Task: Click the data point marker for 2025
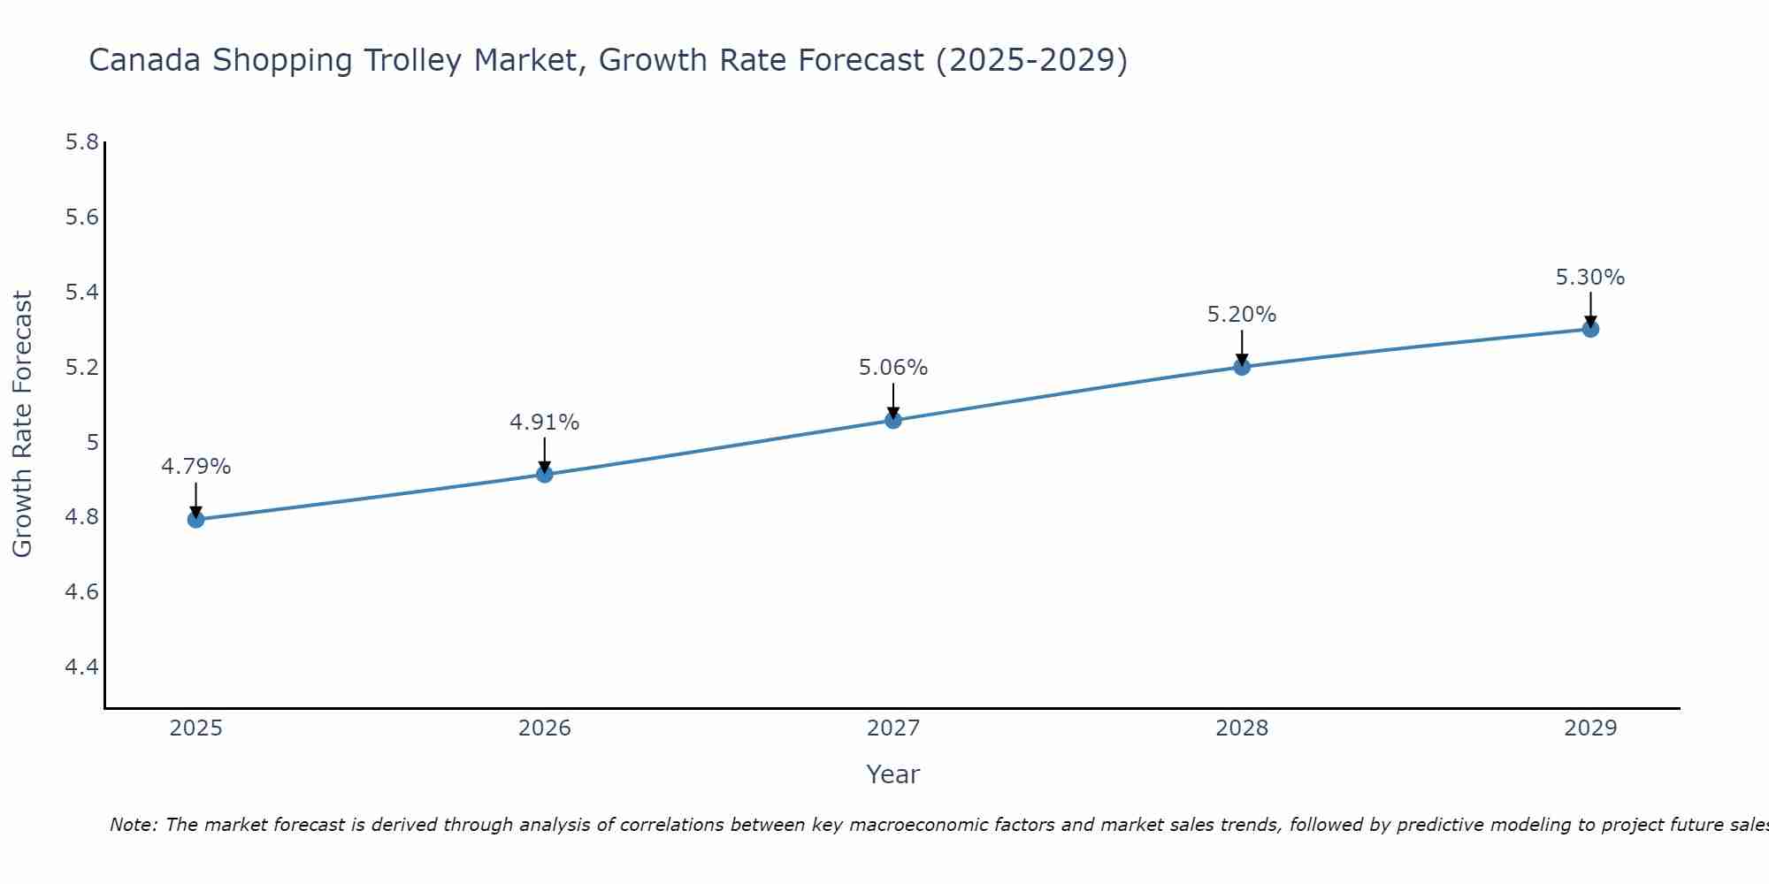click(195, 519)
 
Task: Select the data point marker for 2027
click(893, 420)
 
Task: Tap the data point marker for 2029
click(1590, 329)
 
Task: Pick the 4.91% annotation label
click(544, 423)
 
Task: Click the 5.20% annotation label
click(1242, 315)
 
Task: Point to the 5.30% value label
click(1590, 278)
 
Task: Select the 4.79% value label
click(195, 467)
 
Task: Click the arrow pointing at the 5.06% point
click(893, 400)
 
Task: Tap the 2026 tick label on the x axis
click(544, 728)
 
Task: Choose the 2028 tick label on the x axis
click(1242, 728)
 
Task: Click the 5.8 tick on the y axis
click(82, 142)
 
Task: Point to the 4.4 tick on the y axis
click(82, 667)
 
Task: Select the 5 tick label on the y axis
click(92, 442)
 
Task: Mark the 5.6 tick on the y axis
click(82, 217)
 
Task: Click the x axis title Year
click(893, 774)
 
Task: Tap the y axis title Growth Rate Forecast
click(22, 424)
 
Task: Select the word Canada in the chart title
click(146, 61)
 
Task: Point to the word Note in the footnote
click(133, 825)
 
